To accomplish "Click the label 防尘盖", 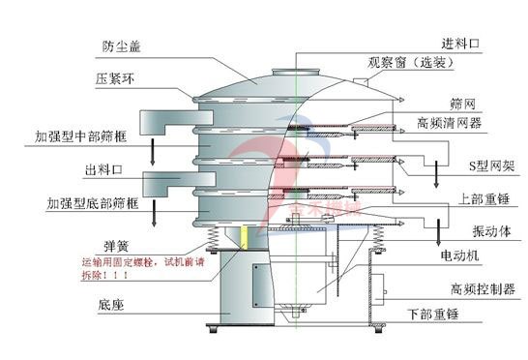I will click(121, 45).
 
